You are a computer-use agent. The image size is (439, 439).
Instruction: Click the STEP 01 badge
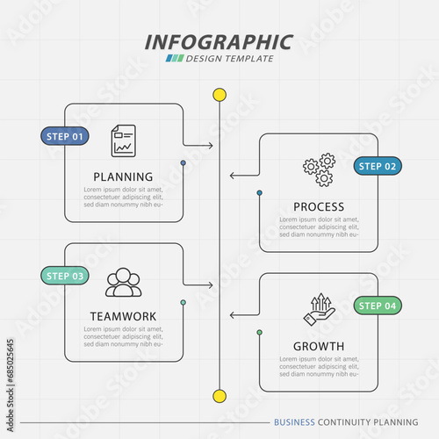65,136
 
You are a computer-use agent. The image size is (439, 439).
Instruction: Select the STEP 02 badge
378,166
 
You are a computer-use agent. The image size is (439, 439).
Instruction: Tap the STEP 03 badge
65,276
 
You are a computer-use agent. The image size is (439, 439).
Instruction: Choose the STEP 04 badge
378,306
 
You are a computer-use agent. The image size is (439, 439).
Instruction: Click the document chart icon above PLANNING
124,140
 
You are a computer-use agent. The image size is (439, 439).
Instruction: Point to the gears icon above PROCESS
320,169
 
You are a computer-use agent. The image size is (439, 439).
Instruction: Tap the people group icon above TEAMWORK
124,282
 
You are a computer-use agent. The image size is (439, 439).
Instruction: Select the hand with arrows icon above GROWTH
320,309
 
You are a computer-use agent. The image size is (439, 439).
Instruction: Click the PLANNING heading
123,176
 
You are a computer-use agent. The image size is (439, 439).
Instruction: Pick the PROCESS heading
319,207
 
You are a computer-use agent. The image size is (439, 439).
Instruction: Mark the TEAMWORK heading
123,316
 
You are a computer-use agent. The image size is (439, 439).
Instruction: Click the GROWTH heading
319,347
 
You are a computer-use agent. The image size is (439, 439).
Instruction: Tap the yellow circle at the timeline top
219,95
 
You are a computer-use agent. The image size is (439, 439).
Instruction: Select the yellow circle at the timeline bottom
219,396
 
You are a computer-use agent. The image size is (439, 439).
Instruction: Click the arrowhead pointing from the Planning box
211,146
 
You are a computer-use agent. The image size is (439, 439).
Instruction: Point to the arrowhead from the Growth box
233,315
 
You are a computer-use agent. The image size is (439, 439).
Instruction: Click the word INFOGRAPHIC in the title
219,42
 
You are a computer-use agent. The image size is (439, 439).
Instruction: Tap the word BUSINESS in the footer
294,422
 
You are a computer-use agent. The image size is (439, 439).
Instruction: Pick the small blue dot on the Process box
260,193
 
